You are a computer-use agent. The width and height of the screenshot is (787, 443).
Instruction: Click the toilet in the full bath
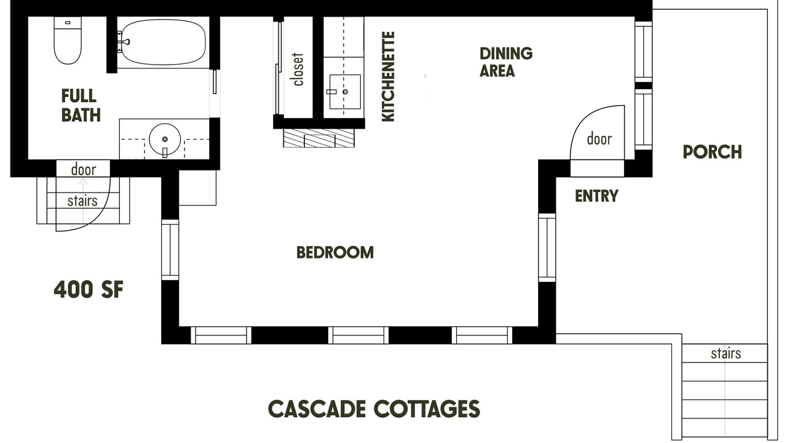coord(68,41)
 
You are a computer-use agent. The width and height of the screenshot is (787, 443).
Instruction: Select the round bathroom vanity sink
coord(165,139)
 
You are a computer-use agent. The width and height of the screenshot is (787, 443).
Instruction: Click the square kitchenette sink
coord(345,92)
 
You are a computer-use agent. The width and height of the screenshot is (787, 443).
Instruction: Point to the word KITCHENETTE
coord(388,77)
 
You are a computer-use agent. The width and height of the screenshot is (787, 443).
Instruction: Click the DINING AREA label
coord(506,62)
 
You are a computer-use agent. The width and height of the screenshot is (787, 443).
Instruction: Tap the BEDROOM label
coord(335,252)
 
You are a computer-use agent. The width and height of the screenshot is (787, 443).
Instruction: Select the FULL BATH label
coord(81,105)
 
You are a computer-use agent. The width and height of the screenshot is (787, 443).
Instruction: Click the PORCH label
coord(712,152)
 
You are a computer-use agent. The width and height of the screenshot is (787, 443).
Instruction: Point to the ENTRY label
coord(596,196)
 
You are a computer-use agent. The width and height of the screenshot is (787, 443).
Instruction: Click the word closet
coord(298,70)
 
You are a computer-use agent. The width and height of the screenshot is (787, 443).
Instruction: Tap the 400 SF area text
coord(89,290)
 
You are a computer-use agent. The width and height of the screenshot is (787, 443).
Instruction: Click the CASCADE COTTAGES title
coord(374,409)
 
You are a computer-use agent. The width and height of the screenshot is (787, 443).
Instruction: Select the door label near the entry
coord(599,139)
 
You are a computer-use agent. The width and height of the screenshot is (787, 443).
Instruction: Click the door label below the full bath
coord(84,170)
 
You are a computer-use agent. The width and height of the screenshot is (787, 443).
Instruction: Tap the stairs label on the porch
coord(726,353)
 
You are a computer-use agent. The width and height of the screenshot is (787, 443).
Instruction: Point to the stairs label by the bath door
coord(82,201)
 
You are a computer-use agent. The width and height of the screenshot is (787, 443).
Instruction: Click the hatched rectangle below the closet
coord(319,138)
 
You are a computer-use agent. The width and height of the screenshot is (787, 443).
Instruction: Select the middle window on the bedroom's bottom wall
coord(358,335)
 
